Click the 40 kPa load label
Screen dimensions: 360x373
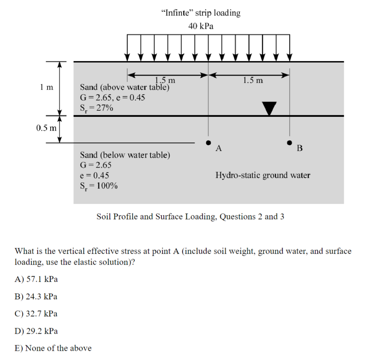click(x=201, y=26)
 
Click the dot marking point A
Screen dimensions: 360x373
click(x=208, y=142)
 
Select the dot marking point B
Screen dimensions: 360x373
click(x=290, y=142)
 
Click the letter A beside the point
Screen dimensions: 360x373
click(x=219, y=148)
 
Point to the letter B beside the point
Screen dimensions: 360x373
click(x=299, y=148)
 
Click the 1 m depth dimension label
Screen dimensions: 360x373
click(x=47, y=87)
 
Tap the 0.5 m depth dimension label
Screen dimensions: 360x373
click(x=47, y=128)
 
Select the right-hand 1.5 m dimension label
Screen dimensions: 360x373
click(x=253, y=80)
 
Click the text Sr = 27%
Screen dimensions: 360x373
click(x=97, y=108)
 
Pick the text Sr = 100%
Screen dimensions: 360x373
click(x=99, y=186)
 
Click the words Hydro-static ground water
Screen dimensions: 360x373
click(x=263, y=175)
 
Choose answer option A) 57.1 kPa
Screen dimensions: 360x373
click(x=36, y=279)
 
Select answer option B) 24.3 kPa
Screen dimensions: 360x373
click(x=36, y=296)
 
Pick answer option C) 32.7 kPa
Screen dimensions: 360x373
click(x=36, y=313)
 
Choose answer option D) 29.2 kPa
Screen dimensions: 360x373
click(x=36, y=331)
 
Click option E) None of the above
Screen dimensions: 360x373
click(x=53, y=348)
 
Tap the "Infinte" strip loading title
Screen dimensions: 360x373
click(x=201, y=13)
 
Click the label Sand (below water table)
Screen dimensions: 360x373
click(x=125, y=155)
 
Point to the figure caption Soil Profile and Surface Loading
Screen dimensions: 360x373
click(x=190, y=217)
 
